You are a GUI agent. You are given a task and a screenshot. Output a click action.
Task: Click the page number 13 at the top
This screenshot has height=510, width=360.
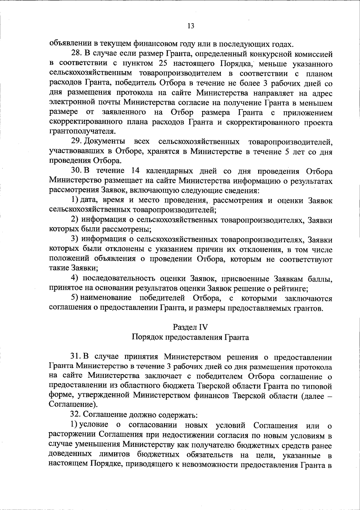coord(190,26)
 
